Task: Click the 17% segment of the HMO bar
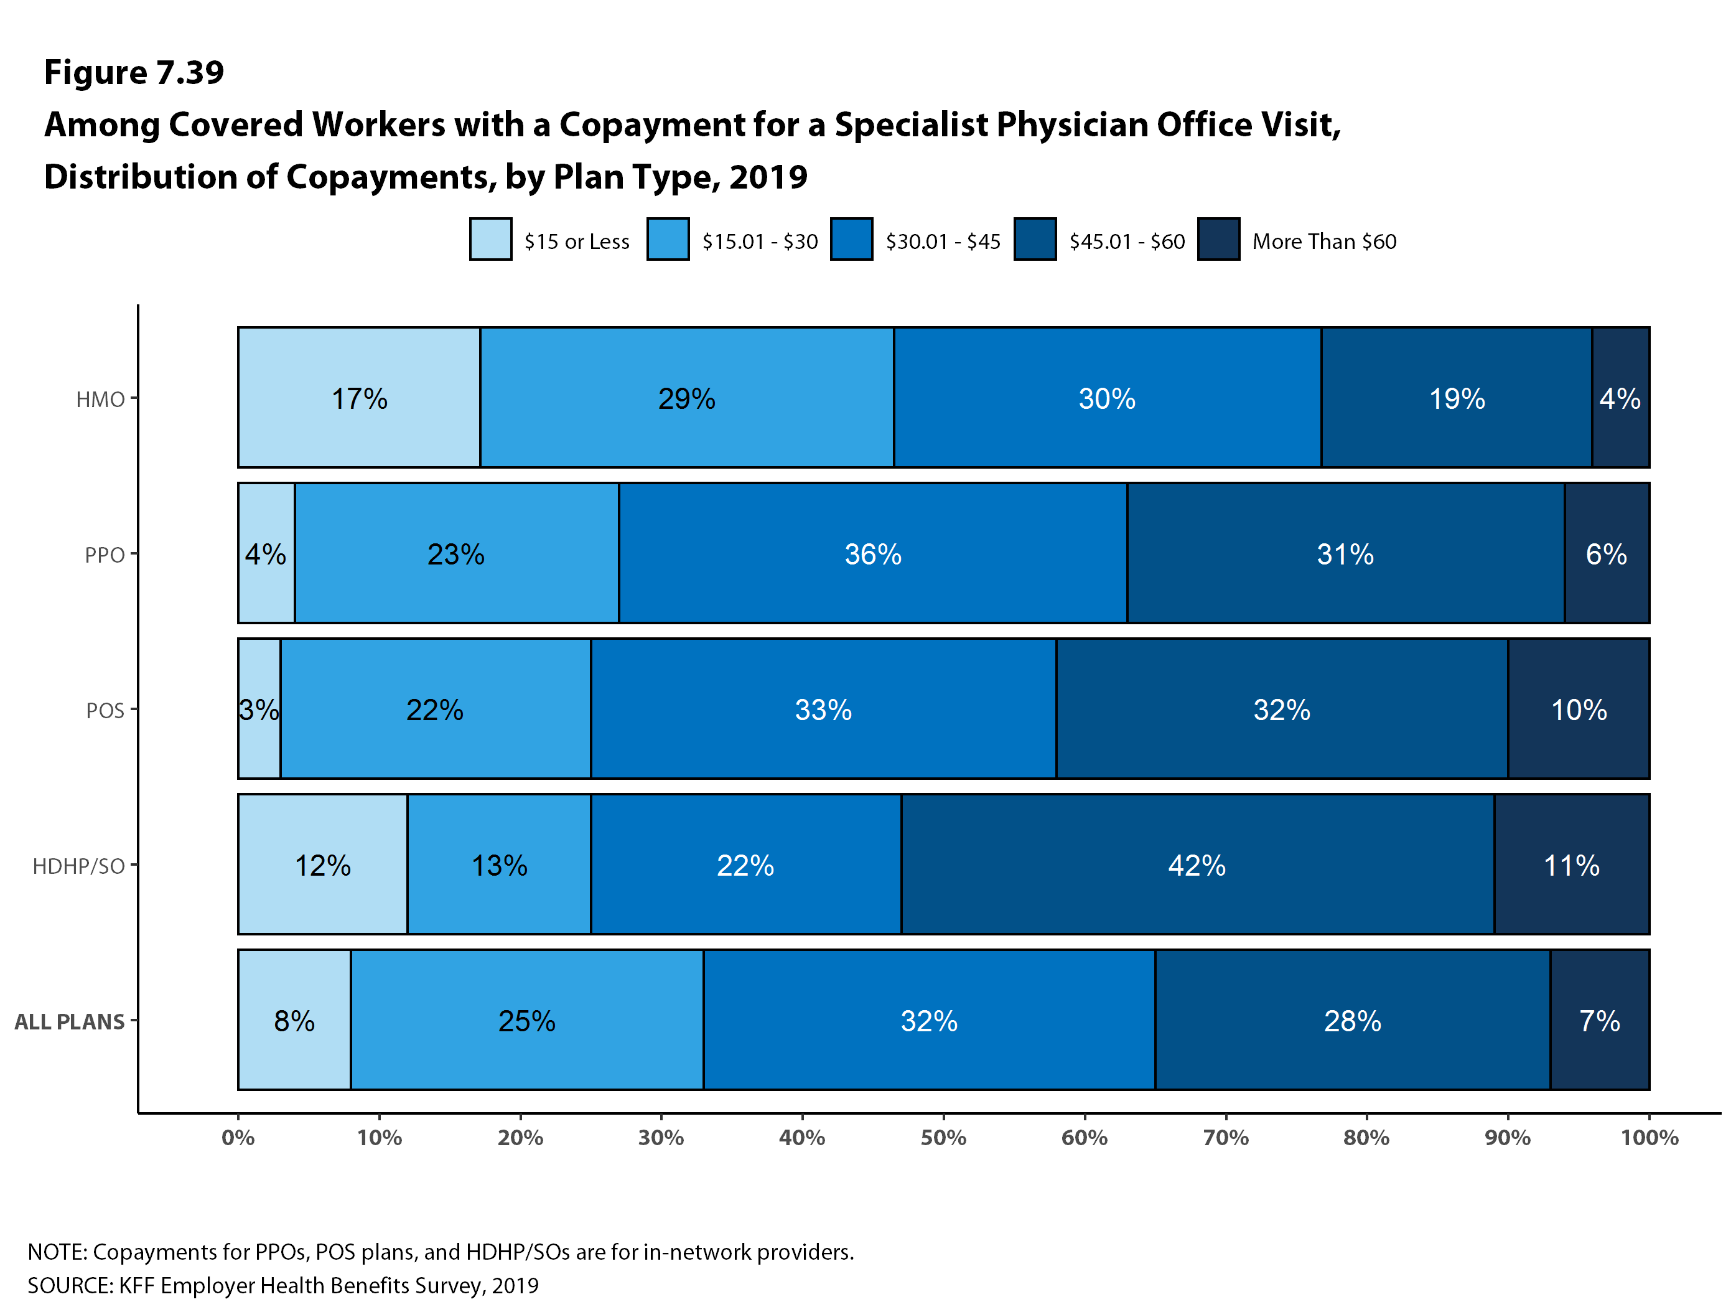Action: pyautogui.click(x=358, y=398)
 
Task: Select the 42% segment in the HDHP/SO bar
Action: pyautogui.click(x=1197, y=864)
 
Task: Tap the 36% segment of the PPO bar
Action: pyautogui.click(x=873, y=553)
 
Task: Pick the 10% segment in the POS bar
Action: pyautogui.click(x=1578, y=709)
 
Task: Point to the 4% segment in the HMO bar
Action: pyautogui.click(x=1620, y=398)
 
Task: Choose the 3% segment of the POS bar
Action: pyautogui.click(x=259, y=709)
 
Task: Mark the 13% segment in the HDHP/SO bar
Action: pyautogui.click(x=499, y=864)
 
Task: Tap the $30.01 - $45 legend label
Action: pyautogui.click(x=943, y=241)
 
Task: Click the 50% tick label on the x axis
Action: pyautogui.click(x=943, y=1138)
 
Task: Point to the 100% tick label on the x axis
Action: pyautogui.click(x=1649, y=1138)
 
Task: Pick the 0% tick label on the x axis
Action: pyautogui.click(x=238, y=1138)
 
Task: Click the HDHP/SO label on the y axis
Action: pyautogui.click(x=78, y=866)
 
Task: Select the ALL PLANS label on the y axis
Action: pyautogui.click(x=70, y=1021)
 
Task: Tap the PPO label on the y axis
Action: pyautogui.click(x=105, y=555)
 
